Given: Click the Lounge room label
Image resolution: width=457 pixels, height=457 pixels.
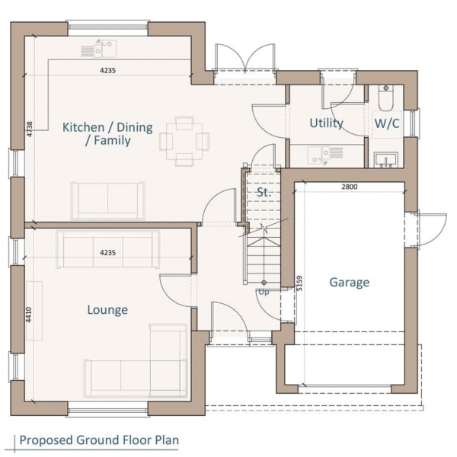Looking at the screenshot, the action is pyautogui.click(x=107, y=309).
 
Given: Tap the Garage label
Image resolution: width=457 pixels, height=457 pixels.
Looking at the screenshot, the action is pyautogui.click(x=350, y=282).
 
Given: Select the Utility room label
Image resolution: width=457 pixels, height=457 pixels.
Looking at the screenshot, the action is pyautogui.click(x=326, y=123).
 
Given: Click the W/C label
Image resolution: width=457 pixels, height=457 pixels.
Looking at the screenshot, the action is pyautogui.click(x=387, y=123).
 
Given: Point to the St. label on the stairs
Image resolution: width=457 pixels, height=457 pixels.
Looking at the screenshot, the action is pyautogui.click(x=264, y=193).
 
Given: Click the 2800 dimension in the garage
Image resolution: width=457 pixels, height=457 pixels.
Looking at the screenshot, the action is pyautogui.click(x=350, y=187).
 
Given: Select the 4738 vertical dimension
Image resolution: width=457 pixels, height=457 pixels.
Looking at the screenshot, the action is pyautogui.click(x=30, y=129).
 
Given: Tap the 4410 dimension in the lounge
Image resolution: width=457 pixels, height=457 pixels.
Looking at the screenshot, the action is pyautogui.click(x=29, y=315).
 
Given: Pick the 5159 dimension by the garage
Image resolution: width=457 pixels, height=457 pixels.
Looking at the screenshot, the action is pyautogui.click(x=299, y=283).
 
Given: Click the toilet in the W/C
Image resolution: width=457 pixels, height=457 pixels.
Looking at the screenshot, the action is pyautogui.click(x=386, y=97).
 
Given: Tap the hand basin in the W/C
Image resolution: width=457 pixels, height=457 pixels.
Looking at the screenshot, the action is pyautogui.click(x=386, y=160).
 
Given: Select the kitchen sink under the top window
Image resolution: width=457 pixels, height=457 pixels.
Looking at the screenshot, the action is pyautogui.click(x=98, y=48).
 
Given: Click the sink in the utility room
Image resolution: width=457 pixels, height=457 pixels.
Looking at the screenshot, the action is pyautogui.click(x=325, y=155).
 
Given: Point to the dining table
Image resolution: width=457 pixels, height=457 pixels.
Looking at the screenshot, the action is pyautogui.click(x=184, y=142).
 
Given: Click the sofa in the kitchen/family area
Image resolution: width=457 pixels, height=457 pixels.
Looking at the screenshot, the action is pyautogui.click(x=108, y=200).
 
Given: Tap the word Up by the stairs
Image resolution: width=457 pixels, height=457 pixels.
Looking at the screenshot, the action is pyautogui.click(x=264, y=292).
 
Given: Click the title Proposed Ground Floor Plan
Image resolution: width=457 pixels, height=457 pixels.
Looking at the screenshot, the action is pyautogui.click(x=99, y=439).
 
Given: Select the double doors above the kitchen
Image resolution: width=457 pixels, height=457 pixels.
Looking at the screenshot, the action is pyautogui.click(x=244, y=59).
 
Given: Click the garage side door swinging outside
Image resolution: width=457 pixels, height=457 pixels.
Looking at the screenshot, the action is pyautogui.click(x=432, y=229).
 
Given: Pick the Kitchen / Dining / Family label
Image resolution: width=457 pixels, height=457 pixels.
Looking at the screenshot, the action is pyautogui.click(x=107, y=134).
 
